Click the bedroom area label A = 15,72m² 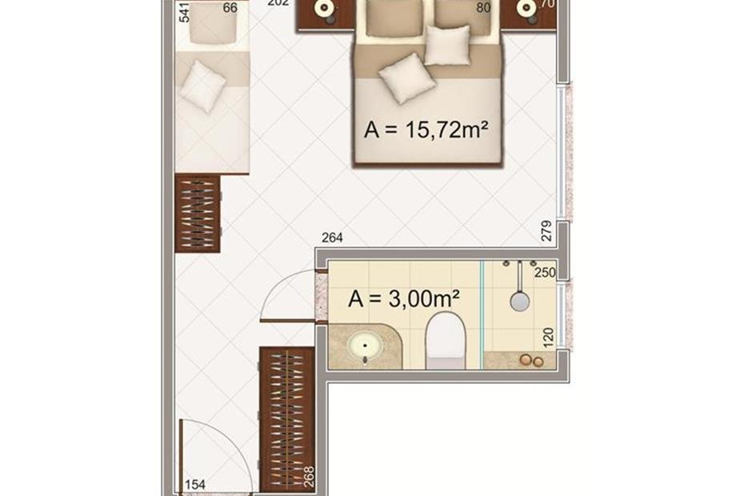pos(426,130)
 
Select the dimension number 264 pos(332,238)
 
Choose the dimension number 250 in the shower pos(545,272)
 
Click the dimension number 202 pos(277,4)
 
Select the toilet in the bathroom pos(445,339)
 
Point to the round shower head pos(520,300)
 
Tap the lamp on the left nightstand pos(325,9)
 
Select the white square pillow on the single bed pos(201,86)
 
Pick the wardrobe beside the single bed pos(198,214)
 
